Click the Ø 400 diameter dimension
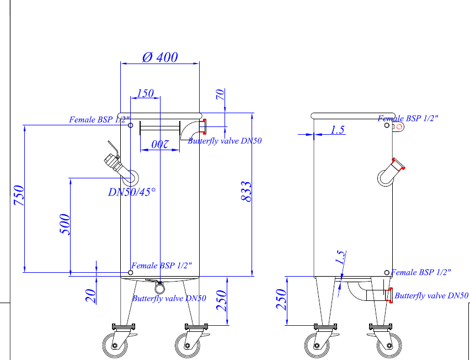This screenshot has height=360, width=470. coord(160,57)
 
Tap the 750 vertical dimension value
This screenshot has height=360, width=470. coord(19,195)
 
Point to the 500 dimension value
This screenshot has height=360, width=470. coord(65,224)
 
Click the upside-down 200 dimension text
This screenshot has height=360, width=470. coord(159,144)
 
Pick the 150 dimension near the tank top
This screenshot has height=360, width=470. coord(145,93)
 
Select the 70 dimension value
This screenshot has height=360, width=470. coord(220,94)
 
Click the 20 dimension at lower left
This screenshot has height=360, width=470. coord(91,297)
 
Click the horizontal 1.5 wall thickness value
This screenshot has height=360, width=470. coord(338,130)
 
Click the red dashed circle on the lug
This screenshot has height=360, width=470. coord(399,126)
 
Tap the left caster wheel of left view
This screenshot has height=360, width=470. coord(115,346)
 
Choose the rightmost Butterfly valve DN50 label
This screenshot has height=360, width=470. coord(431,296)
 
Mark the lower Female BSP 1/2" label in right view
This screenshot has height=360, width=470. coord(421,272)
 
